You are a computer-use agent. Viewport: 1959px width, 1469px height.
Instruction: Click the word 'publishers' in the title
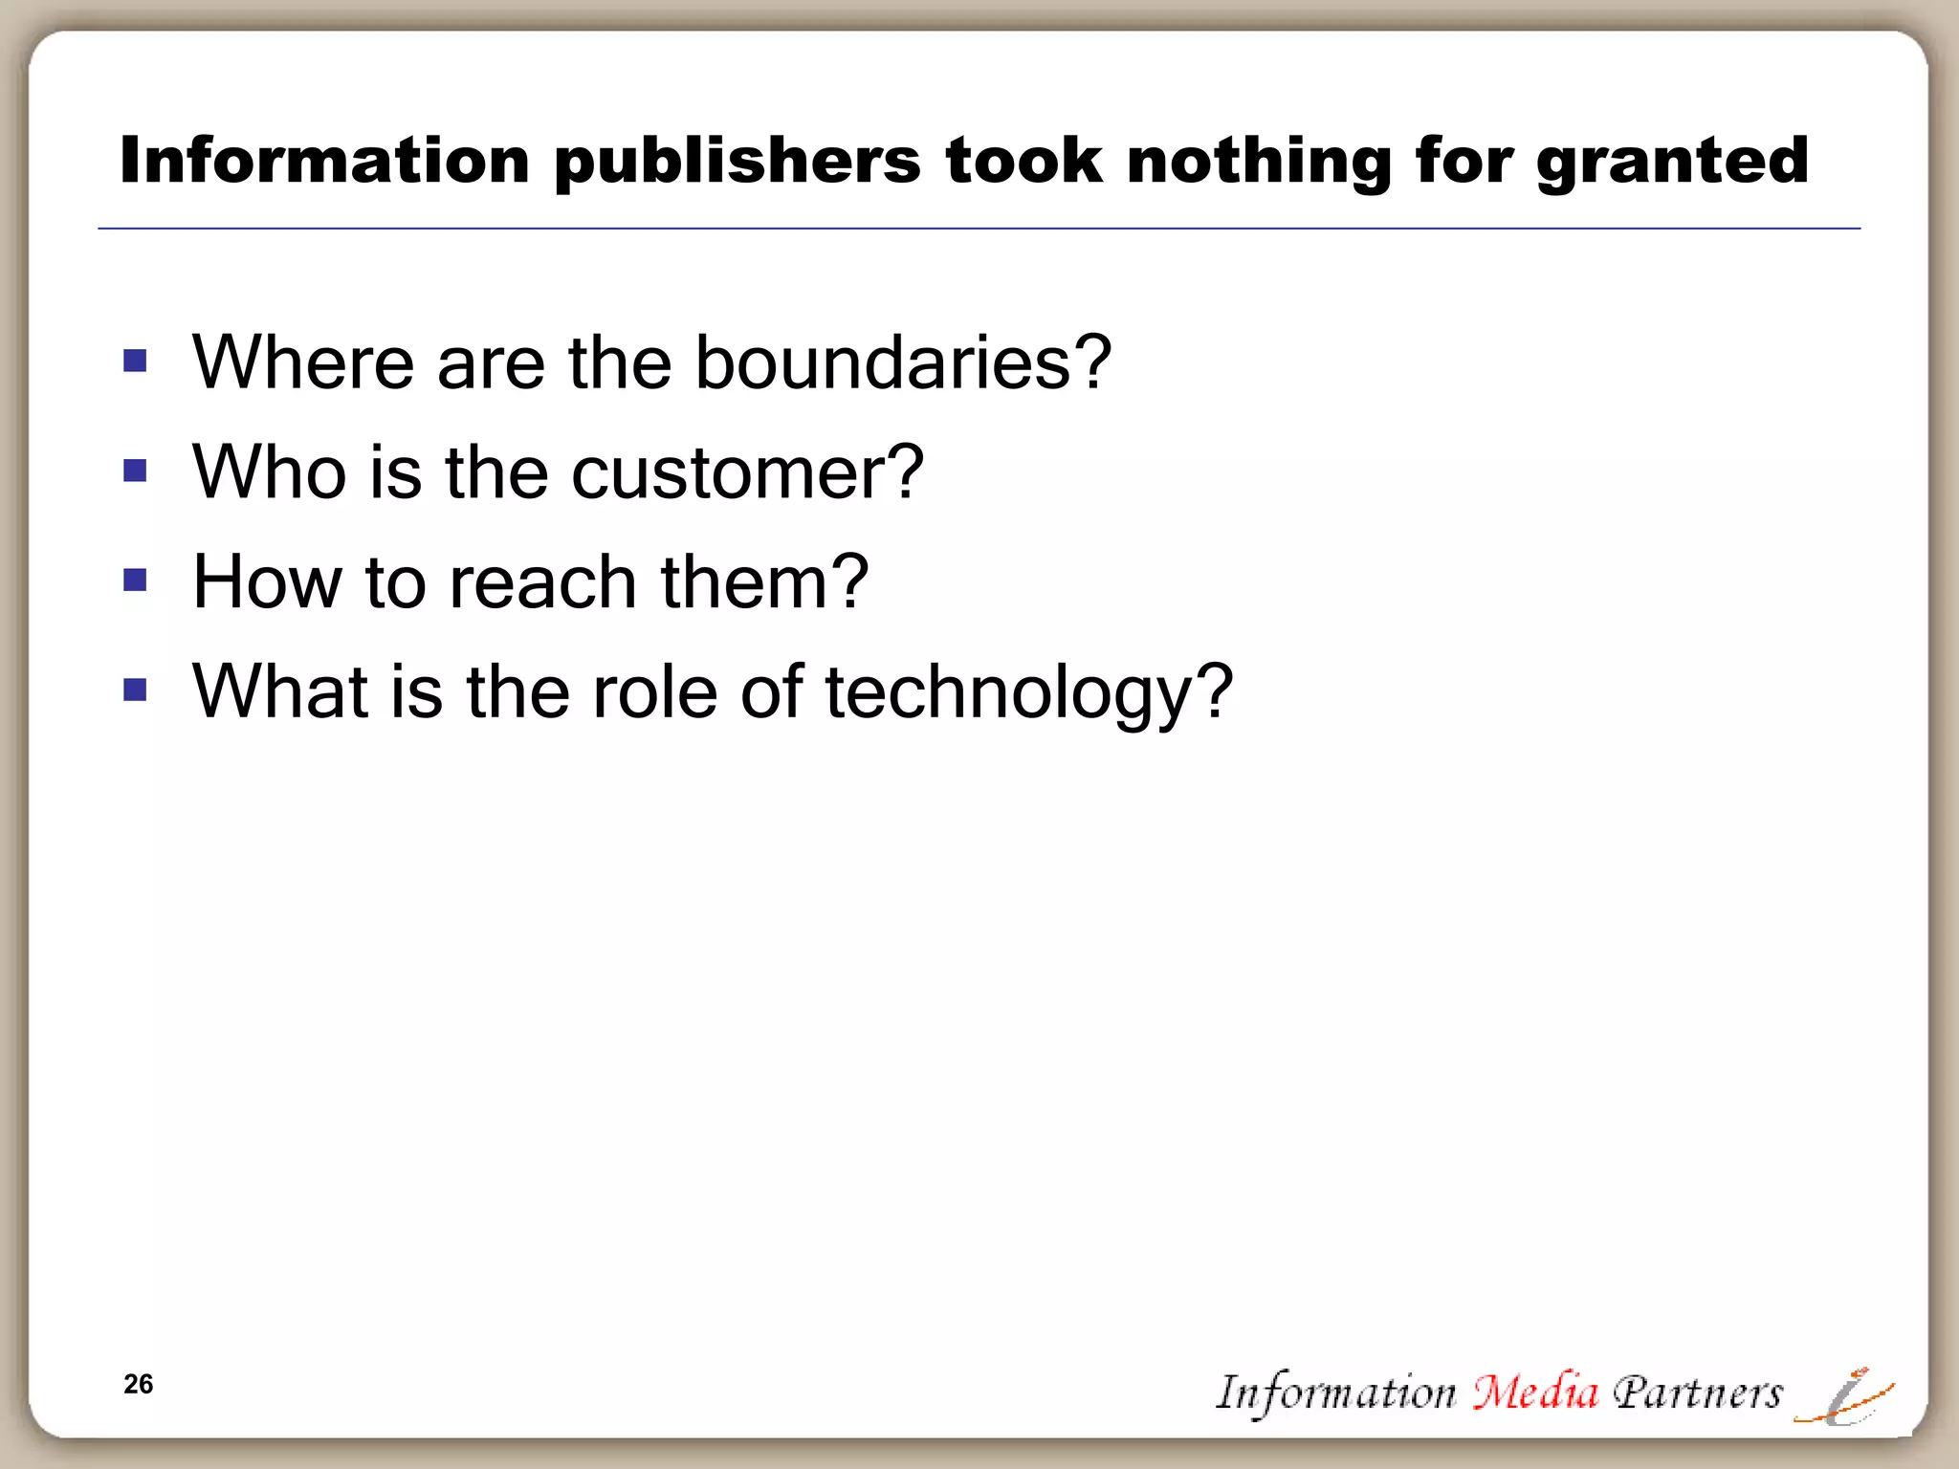[737, 161]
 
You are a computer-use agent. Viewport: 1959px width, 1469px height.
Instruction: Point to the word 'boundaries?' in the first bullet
[902, 362]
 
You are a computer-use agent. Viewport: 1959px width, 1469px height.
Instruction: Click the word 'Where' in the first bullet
[303, 362]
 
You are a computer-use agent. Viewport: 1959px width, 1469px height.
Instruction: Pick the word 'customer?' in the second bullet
[747, 472]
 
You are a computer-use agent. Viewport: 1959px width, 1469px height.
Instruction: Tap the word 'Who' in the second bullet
[269, 472]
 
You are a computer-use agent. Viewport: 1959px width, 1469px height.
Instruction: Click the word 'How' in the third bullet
[267, 582]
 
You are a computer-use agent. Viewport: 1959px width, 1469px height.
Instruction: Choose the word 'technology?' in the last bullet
[1028, 692]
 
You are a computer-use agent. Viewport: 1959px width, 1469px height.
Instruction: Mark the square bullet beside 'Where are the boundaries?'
[135, 361]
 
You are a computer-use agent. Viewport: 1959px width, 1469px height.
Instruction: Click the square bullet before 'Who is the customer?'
[135, 471]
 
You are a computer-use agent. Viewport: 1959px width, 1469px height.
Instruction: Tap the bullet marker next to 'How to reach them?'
[135, 581]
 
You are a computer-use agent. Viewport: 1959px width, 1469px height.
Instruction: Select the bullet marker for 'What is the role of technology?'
[135, 690]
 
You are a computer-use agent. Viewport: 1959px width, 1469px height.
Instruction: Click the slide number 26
[138, 1384]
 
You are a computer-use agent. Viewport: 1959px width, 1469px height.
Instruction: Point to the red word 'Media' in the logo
[1534, 1392]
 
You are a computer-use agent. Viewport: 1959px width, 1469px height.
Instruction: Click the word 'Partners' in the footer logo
[1697, 1392]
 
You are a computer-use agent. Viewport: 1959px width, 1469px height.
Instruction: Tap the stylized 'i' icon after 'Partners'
[1844, 1398]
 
